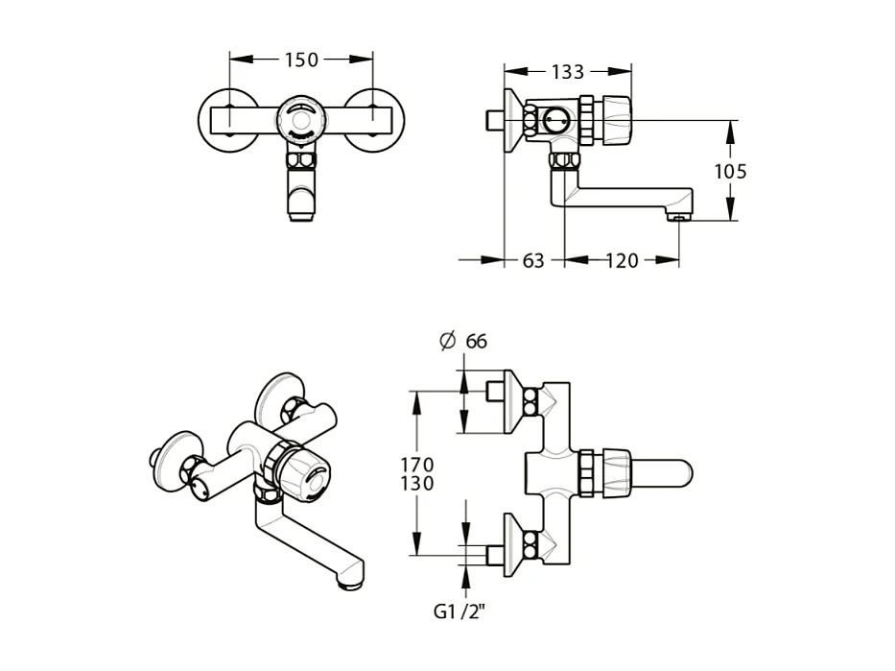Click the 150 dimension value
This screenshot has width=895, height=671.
coord(301,60)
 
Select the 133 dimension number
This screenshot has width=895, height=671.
coord(568,72)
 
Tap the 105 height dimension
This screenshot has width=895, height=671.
coord(731,172)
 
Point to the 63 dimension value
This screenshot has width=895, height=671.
coord(534,260)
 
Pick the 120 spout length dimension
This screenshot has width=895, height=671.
coord(622,260)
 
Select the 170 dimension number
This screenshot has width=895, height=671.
coord(416,466)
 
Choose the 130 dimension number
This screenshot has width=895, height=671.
coord(416,484)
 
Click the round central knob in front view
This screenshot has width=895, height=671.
coord(300,120)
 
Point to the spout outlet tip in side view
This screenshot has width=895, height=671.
coord(678,219)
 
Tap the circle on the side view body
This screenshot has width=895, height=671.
coord(555,120)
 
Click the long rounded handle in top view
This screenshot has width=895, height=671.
coord(662,472)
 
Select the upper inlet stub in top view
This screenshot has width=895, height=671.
coord(496,391)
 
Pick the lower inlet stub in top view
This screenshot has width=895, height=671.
coord(496,554)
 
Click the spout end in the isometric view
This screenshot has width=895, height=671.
coord(352,580)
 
